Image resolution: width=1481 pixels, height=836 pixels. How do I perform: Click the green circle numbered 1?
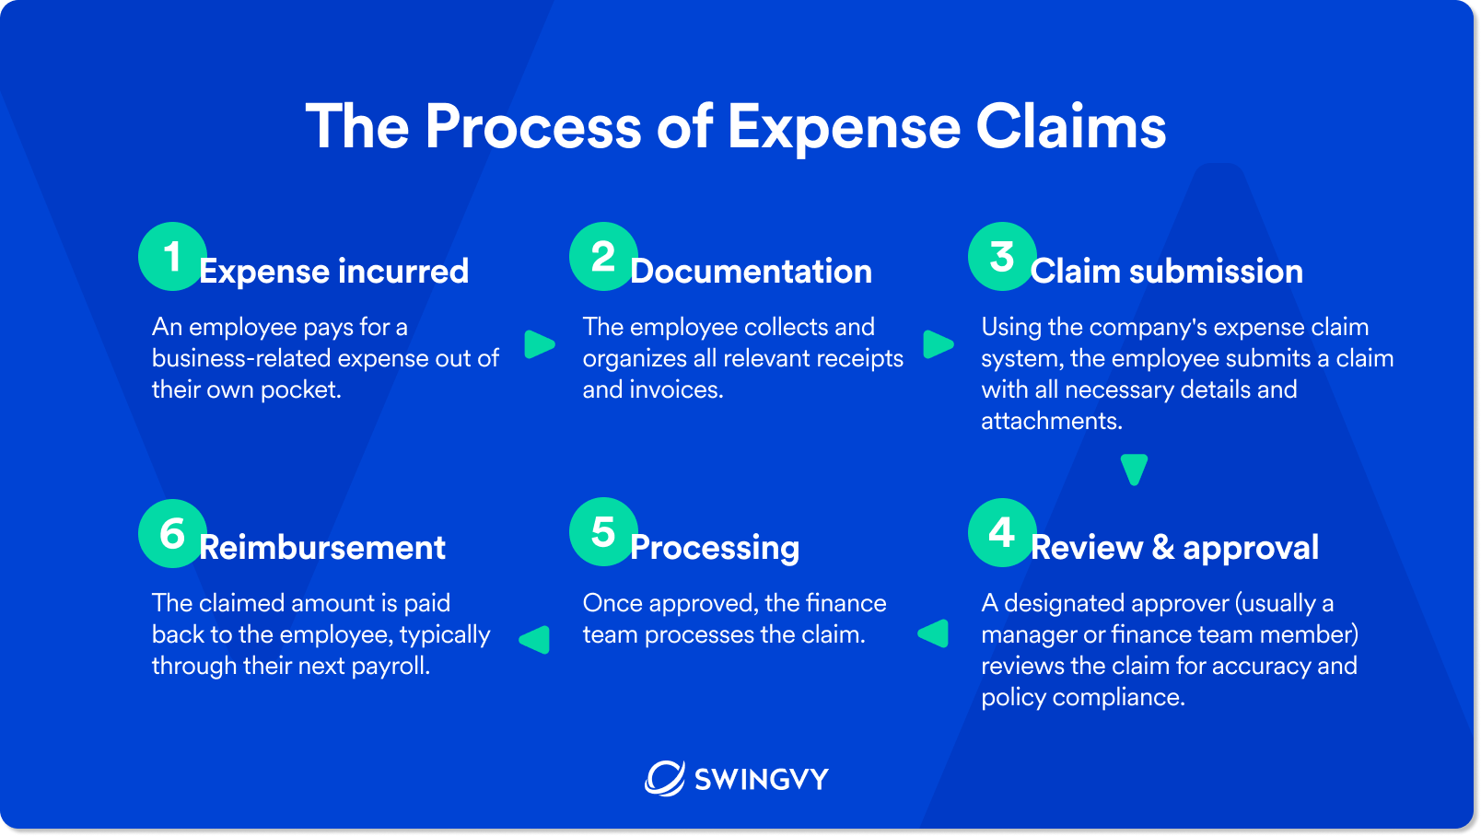coord(172,257)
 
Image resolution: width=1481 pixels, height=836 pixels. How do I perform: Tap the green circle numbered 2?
coord(603,257)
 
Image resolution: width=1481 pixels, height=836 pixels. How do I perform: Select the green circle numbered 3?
coord(1002,257)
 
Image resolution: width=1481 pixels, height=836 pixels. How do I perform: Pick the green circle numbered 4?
coord(1002,533)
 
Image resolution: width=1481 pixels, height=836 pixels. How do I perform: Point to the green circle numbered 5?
coord(603,532)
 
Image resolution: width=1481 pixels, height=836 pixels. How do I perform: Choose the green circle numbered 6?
coord(172,533)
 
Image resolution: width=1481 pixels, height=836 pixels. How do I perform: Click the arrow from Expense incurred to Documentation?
coord(539,344)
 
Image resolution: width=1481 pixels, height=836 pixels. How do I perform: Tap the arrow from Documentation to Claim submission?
coord(938,344)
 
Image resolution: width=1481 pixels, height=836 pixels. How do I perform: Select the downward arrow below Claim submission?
coord(1134,469)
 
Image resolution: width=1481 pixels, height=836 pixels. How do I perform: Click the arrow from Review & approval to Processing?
coord(934,633)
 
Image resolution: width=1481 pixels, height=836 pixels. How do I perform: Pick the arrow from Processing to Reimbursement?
coord(535,639)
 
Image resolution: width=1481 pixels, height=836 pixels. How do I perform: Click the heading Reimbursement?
coord(322,548)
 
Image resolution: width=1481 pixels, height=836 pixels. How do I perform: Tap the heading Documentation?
coord(751,272)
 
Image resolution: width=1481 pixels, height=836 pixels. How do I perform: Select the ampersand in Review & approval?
coord(1162,548)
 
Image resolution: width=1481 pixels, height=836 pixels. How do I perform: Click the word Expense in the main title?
coord(844,128)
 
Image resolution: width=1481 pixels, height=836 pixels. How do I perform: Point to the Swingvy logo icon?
coord(664,779)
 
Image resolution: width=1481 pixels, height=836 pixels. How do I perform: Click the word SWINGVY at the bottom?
coord(761,780)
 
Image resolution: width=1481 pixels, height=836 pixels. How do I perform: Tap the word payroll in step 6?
coord(391,666)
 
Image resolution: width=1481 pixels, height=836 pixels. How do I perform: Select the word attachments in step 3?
coord(1051,421)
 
